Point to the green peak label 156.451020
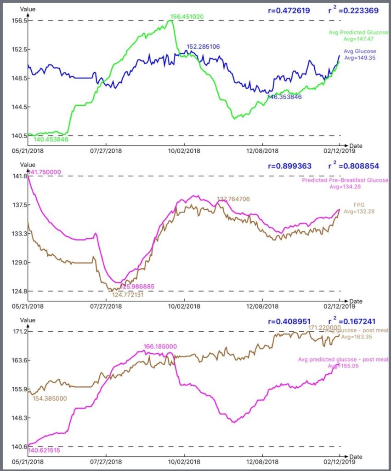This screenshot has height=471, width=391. click(187, 17)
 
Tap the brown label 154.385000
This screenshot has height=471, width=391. click(50, 398)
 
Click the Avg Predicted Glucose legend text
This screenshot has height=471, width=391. click(358, 32)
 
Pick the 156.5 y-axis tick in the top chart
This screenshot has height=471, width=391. click(18, 21)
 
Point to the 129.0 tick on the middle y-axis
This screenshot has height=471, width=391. click(18, 263)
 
